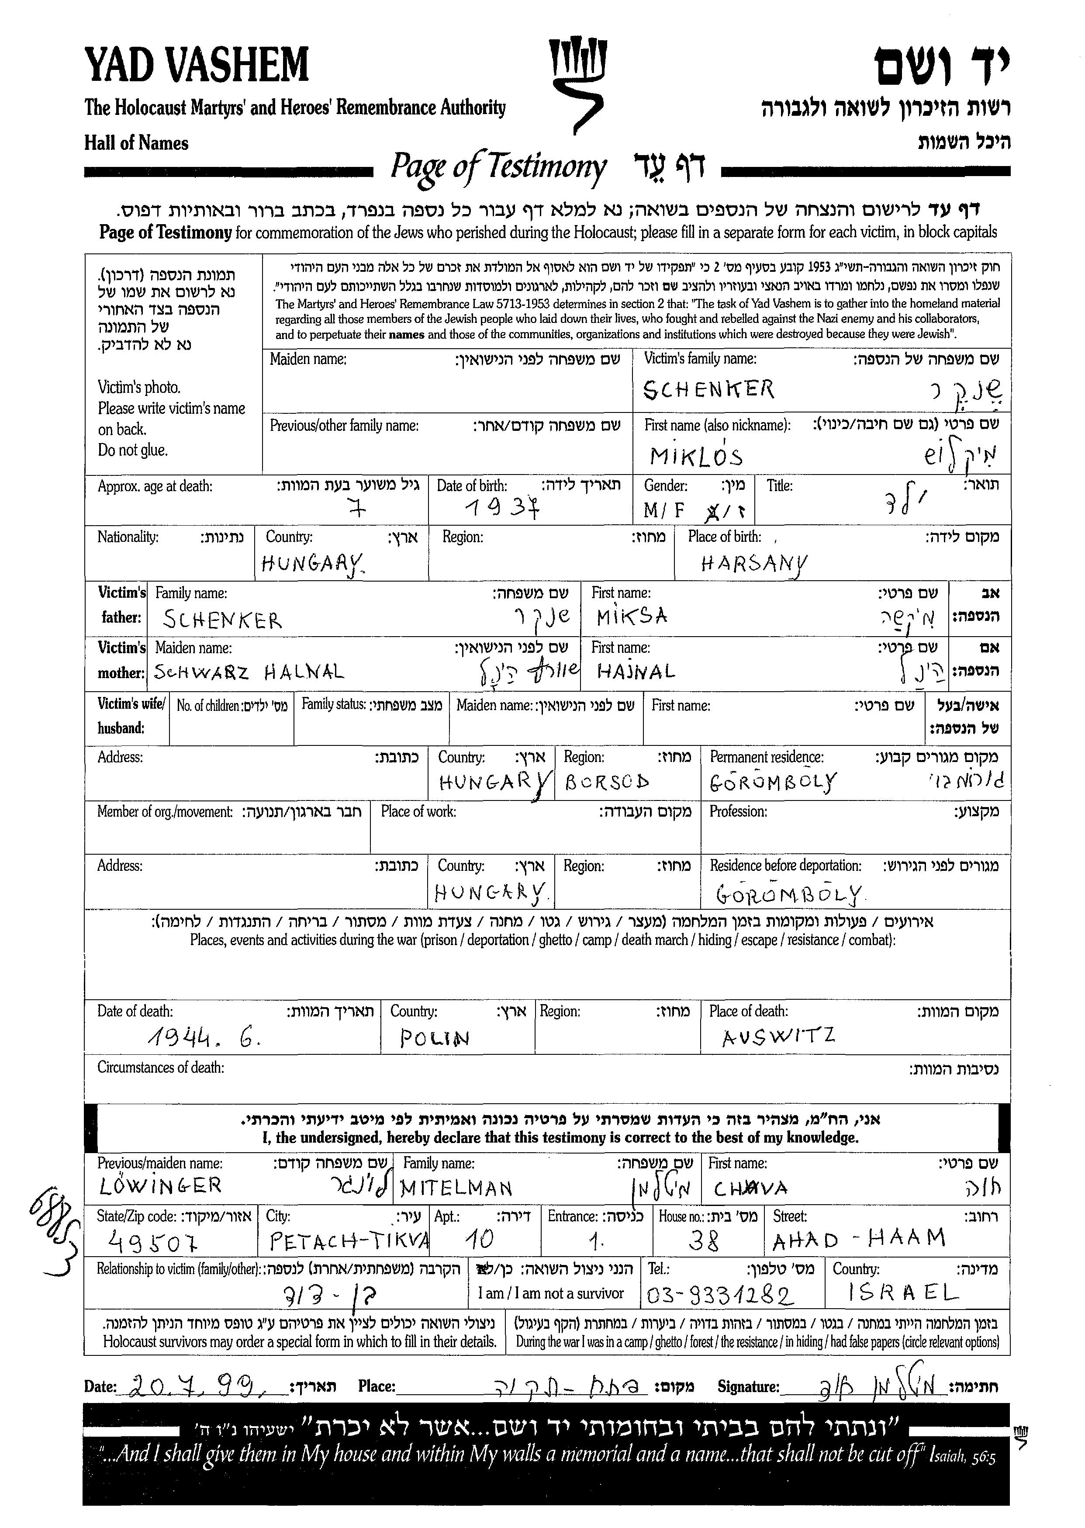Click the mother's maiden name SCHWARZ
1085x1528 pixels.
pyautogui.click(x=201, y=672)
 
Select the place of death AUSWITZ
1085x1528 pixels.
pyautogui.click(x=778, y=1037)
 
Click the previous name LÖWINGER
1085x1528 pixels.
pyautogui.click(x=160, y=1186)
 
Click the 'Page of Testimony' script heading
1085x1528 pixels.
pyautogui.click(x=498, y=167)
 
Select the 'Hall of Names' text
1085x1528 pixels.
pyautogui.click(x=136, y=143)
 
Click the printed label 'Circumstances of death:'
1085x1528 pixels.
pyautogui.click(x=160, y=1067)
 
